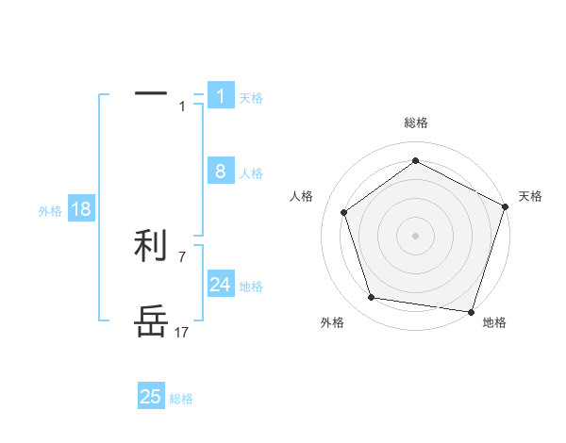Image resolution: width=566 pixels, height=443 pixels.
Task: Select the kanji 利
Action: pos(151,246)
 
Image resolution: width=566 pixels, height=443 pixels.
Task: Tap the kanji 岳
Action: pos(151,321)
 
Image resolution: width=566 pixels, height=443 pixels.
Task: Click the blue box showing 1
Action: pos(221,96)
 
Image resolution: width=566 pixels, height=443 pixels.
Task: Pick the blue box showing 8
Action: pos(221,172)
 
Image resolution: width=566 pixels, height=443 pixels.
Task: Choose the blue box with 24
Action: pos(221,285)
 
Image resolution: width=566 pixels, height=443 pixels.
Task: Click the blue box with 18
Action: pos(81,209)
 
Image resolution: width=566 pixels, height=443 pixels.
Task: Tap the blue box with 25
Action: pos(151,397)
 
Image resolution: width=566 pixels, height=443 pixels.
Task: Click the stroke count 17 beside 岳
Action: pos(181,332)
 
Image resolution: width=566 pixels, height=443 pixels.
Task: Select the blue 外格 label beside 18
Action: pos(50,211)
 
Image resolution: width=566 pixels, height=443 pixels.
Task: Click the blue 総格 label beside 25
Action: pos(181,399)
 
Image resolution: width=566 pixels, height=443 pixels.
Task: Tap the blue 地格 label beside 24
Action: pos(251,287)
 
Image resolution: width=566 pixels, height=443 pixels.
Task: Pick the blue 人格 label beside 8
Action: pos(251,173)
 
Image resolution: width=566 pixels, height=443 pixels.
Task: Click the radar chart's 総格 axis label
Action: pos(415,123)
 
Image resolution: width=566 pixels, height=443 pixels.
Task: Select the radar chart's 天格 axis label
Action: pos(531,196)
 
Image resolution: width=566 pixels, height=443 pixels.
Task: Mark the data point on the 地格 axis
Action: pos(471,311)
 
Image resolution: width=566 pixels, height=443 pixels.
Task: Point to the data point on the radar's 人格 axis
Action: pos(344,212)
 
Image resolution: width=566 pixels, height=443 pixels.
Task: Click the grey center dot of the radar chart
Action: pos(415,235)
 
